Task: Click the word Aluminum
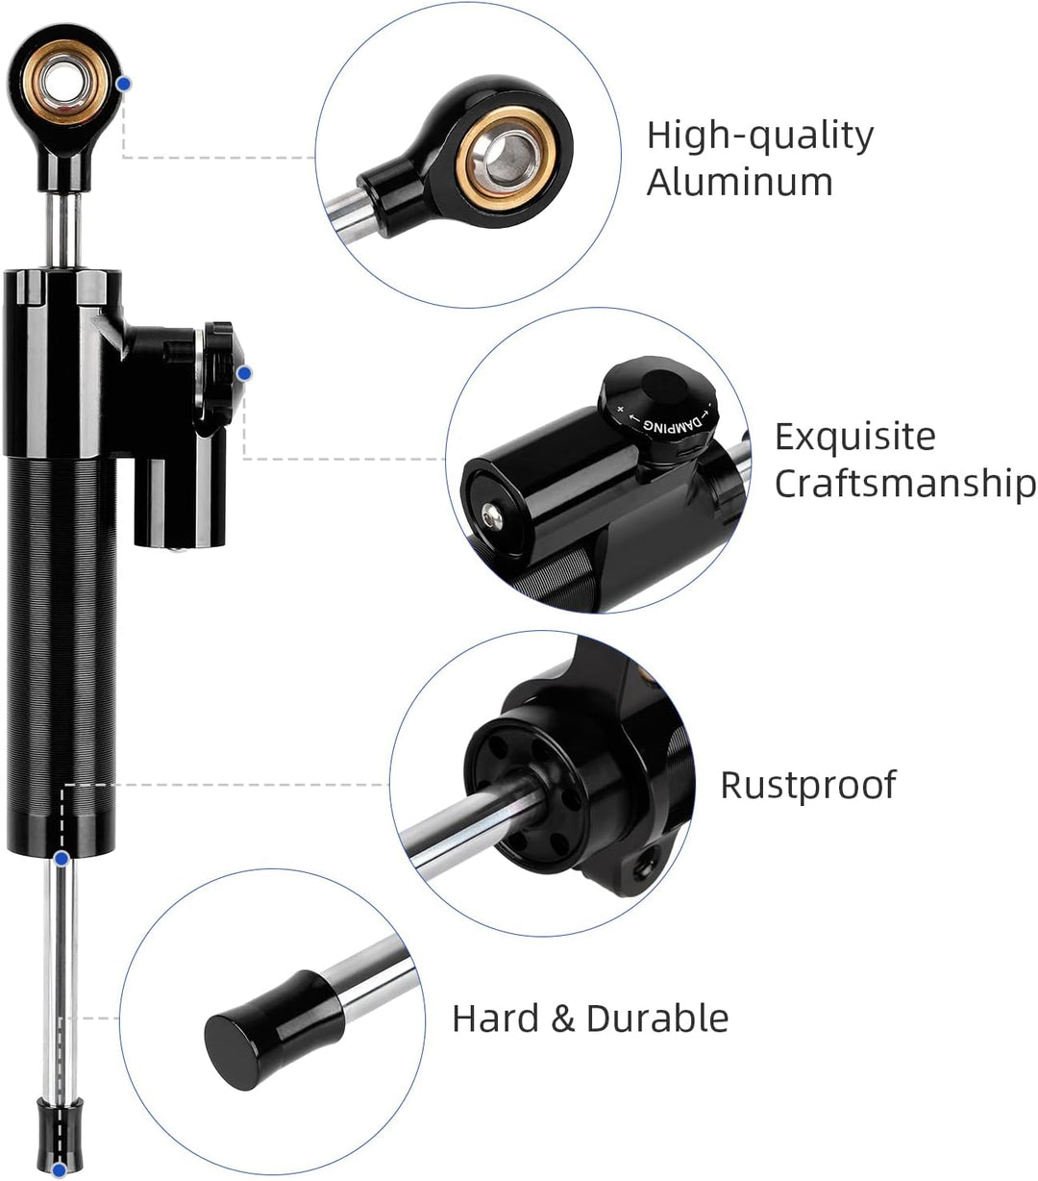pos(739,181)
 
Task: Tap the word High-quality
pos(759,136)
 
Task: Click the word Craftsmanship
pos(905,483)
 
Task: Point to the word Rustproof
pos(807,785)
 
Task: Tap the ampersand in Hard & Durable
pos(562,1018)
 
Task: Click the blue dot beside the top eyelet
pos(123,85)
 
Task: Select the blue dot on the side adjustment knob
pos(243,372)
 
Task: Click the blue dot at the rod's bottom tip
pos(60,1169)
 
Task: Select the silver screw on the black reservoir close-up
pos(492,517)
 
